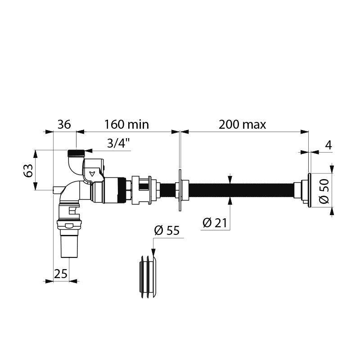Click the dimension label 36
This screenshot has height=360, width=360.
pyautogui.click(x=64, y=124)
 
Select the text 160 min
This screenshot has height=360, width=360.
pyautogui.click(x=126, y=124)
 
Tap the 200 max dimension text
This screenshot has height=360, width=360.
pyautogui.click(x=243, y=124)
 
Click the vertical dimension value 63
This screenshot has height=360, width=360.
pyautogui.click(x=28, y=171)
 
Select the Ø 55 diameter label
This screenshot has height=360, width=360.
pyautogui.click(x=166, y=231)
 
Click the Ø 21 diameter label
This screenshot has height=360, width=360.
pyautogui.click(x=214, y=222)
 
